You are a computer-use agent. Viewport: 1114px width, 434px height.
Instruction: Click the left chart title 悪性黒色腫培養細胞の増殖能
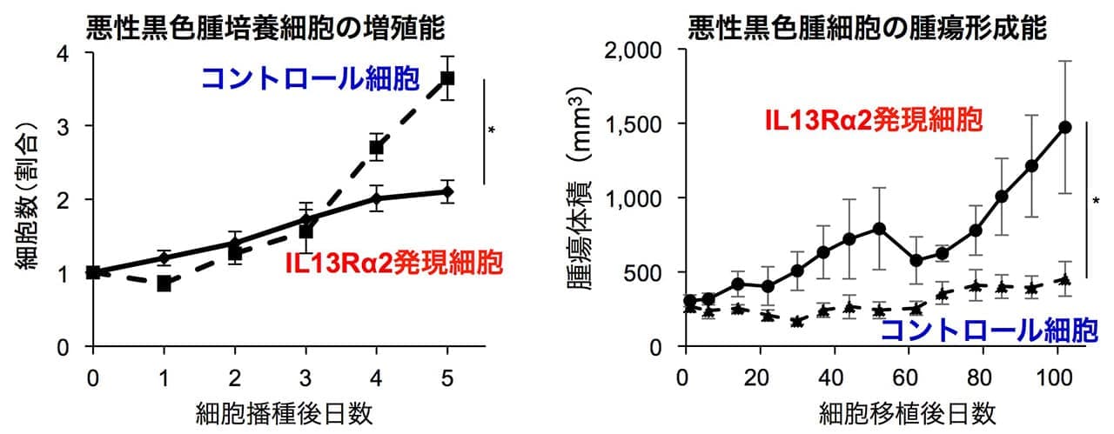tap(265, 27)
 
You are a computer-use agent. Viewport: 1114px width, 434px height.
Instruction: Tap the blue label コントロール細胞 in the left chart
tap(311, 80)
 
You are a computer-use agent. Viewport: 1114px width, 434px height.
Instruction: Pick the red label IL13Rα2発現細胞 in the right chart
tap(873, 121)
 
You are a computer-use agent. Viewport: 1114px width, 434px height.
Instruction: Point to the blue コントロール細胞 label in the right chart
tap(989, 330)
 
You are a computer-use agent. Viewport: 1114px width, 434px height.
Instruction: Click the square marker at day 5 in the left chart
tap(447, 78)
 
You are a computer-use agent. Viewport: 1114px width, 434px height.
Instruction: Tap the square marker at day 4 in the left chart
tap(376, 147)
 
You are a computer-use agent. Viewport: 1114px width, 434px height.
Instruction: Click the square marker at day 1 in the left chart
tap(164, 284)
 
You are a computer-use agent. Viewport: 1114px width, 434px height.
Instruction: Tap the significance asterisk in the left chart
tap(493, 131)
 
